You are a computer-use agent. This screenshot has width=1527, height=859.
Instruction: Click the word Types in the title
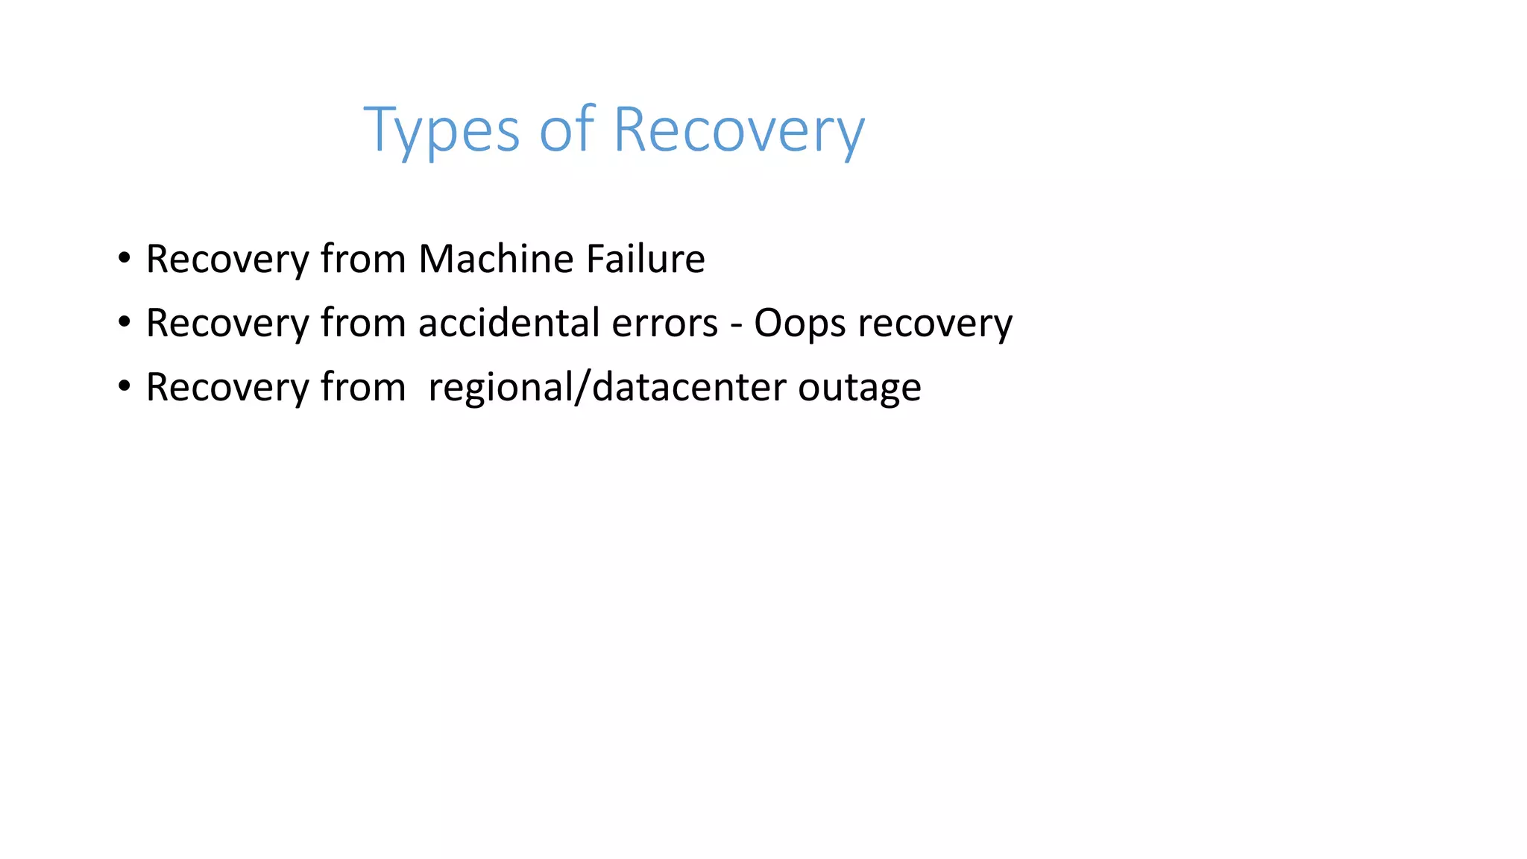441,130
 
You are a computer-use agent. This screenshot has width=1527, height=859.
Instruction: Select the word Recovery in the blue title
738,130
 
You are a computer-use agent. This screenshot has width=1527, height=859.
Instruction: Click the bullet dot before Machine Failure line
124,259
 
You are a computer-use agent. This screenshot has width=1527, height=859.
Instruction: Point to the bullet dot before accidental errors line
124,323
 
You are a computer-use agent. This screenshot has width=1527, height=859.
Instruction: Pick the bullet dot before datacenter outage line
124,387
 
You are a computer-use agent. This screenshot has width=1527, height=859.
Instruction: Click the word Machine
496,259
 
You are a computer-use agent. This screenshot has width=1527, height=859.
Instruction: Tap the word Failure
645,259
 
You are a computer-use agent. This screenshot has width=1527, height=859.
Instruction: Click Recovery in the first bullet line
227,259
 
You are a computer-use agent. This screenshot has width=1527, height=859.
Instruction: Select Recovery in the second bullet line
227,323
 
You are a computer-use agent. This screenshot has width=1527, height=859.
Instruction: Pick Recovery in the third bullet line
227,387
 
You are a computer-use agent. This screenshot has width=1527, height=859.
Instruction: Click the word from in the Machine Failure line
363,259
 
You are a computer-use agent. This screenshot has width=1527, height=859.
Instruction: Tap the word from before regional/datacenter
363,387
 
